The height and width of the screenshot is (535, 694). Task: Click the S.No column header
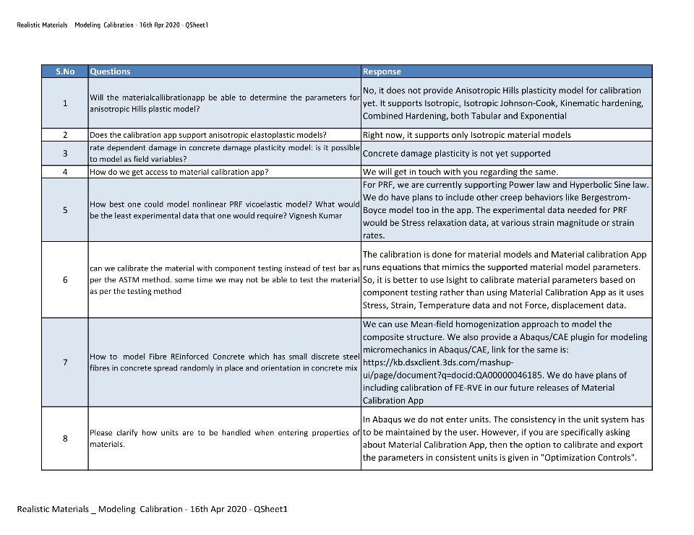pyautogui.click(x=65, y=71)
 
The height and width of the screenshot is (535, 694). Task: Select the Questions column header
pyautogui.click(x=110, y=71)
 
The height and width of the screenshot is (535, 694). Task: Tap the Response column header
pyautogui.click(x=382, y=71)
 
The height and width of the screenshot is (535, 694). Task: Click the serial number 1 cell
pyautogui.click(x=65, y=103)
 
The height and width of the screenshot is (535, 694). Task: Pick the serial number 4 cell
pyautogui.click(x=65, y=172)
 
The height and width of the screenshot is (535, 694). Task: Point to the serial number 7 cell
pyautogui.click(x=65, y=362)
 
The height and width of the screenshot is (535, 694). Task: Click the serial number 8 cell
pyautogui.click(x=65, y=438)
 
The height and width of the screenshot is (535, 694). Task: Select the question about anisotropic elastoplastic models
pyautogui.click(x=208, y=135)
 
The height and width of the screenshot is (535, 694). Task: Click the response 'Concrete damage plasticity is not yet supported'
pyautogui.click(x=456, y=154)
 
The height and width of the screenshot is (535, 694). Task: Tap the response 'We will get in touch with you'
pyautogui.click(x=460, y=172)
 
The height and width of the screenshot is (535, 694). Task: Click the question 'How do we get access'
pyautogui.click(x=179, y=172)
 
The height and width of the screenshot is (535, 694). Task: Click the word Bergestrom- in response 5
pyautogui.click(x=605, y=198)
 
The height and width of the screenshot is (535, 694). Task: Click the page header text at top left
pyautogui.click(x=112, y=25)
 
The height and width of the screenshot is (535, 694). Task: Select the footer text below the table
pyautogui.click(x=152, y=509)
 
